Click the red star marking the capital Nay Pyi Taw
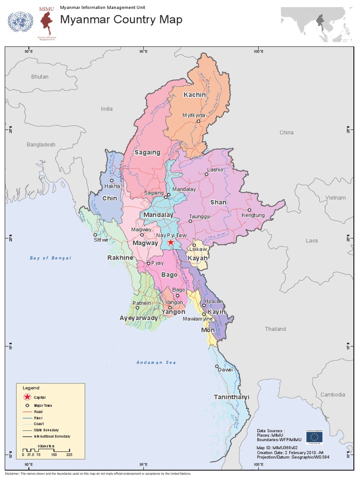pyautogui.click(x=171, y=242)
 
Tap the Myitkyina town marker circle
pyautogui.click(x=198, y=121)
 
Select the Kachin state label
pyautogui.click(x=194, y=95)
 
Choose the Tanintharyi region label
pyautogui.click(x=232, y=397)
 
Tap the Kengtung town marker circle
pyautogui.click(x=249, y=210)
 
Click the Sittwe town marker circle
pyautogui.click(x=95, y=235)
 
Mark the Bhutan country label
pyautogui.click(x=40, y=76)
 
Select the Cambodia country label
pyautogui.click(x=333, y=395)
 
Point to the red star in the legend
pyautogui.click(x=27, y=397)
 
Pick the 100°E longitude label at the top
pyautogui.click(x=258, y=51)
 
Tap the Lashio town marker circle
pyautogui.click(x=206, y=174)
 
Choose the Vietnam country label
pyautogui.click(x=336, y=198)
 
